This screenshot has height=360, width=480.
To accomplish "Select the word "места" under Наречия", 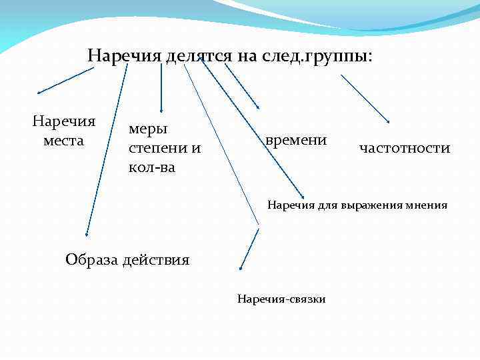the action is coord(64,141).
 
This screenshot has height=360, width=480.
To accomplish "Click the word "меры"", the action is coord(147,127).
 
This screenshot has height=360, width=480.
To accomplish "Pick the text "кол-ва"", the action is coord(151,167).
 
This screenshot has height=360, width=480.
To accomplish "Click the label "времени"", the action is coord(295,140).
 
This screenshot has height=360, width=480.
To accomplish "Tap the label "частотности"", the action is coord(404,148).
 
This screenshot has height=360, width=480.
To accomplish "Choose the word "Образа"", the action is coord(92,259).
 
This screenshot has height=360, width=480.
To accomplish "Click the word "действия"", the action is coord(156,259).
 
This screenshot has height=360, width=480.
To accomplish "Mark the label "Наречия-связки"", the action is coord(281,299).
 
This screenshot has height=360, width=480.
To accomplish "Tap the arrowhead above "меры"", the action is coord(161,110).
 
